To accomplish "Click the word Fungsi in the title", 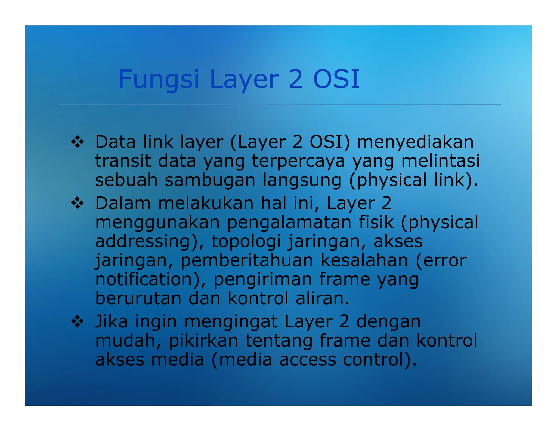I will pos(159,80).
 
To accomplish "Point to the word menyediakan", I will pos(415,142).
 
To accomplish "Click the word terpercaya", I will pos(298,161).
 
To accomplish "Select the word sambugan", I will pos(210,180).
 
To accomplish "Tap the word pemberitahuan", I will pos(247,260).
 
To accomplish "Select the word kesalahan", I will pos(364,260).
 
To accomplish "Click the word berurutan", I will pos(138,298).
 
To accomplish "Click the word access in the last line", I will pos(308,360).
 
